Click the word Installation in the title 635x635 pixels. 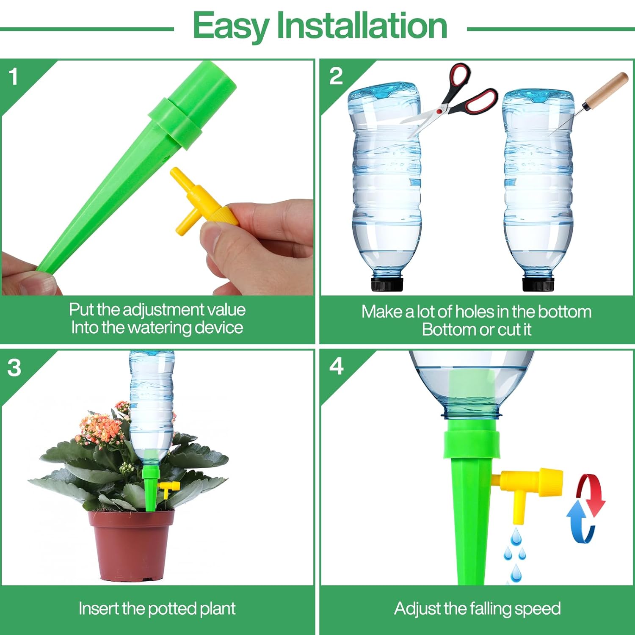pos(362,25)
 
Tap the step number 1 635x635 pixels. pos(14,77)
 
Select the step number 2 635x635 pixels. pos(336,77)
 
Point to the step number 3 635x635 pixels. pos(14,367)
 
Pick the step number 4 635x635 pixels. pos(337,367)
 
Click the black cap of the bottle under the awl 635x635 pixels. pos(538,283)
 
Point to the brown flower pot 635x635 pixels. pos(131,546)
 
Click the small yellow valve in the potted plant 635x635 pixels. pos(168,488)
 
